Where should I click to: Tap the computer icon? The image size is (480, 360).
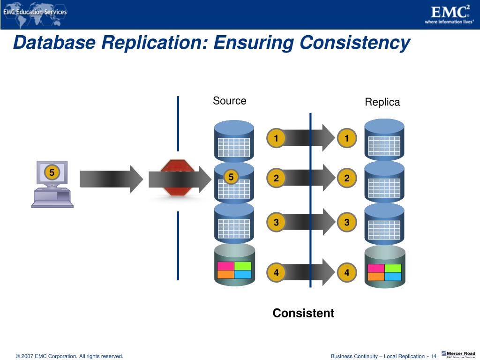click(52, 184)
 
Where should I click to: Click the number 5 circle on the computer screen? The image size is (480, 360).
click(52, 173)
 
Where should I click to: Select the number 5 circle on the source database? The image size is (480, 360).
click(231, 177)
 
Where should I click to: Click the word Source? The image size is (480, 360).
click(229, 101)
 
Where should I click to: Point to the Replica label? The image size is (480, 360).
click(382, 102)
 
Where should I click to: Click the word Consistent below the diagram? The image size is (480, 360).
click(303, 313)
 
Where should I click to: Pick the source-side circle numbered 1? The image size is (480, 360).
click(276, 138)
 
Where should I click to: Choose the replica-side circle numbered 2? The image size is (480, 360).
click(347, 178)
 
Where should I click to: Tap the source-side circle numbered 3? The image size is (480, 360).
click(276, 223)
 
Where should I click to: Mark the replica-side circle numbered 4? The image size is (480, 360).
click(347, 273)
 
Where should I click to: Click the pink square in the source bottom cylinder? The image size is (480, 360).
click(225, 266)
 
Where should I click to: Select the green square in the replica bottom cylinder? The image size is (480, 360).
click(393, 268)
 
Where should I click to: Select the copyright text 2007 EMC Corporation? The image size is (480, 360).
click(69, 356)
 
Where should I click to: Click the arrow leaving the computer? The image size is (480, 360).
click(111, 179)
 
